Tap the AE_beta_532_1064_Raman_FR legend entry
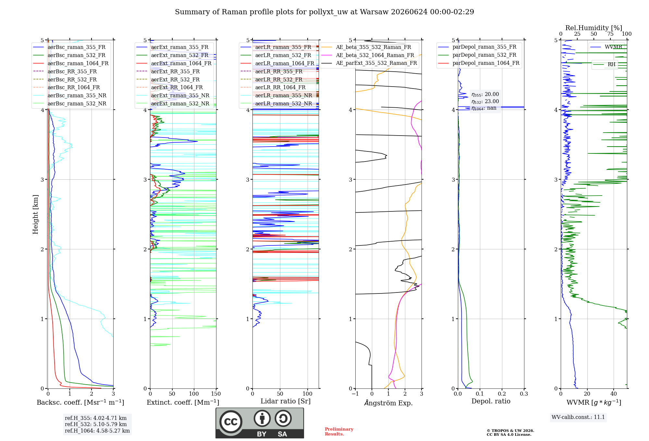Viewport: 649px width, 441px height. point(368,55)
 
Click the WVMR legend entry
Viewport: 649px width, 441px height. point(606,47)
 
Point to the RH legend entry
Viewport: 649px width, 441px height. point(605,65)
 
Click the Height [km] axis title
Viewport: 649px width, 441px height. point(35,214)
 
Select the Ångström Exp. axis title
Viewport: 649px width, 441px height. point(388,403)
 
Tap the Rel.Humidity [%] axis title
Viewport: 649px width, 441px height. point(594,28)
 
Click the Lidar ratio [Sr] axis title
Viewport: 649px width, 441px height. point(286,401)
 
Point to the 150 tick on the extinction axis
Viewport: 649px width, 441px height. point(216,394)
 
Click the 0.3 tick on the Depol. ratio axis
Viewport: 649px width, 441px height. point(524,394)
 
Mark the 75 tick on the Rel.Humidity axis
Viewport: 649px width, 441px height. point(610,34)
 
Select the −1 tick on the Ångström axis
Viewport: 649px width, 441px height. point(355,394)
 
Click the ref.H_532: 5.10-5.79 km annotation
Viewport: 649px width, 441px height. point(96,424)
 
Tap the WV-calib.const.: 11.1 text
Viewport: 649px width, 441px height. point(578,417)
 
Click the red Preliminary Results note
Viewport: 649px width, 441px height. point(339,432)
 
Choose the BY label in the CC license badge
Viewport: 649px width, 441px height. point(262,434)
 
